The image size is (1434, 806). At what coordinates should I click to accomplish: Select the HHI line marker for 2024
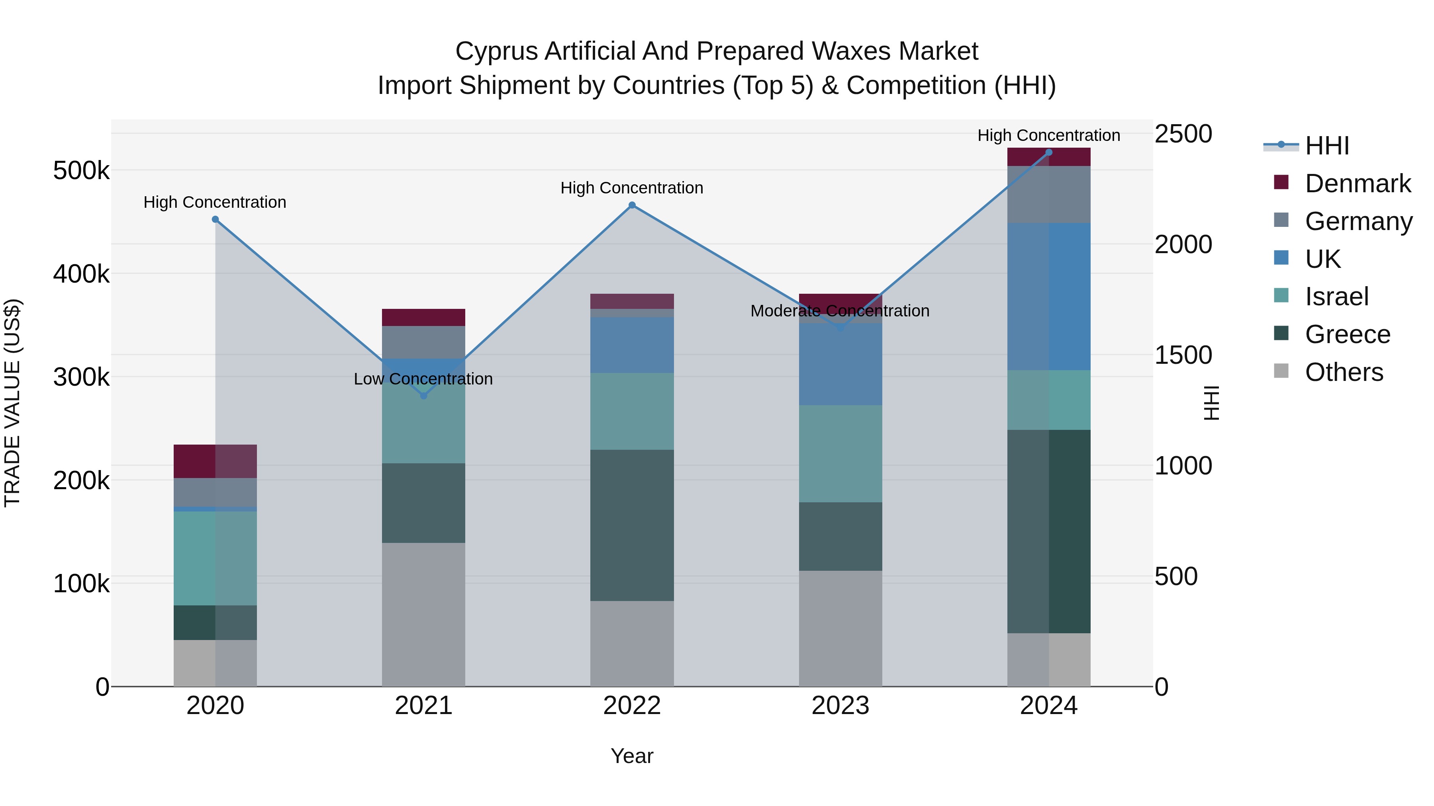1049,152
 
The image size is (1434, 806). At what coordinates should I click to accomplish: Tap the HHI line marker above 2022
632,205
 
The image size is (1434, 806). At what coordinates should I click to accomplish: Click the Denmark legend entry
1357,183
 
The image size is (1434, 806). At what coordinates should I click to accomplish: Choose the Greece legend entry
1347,334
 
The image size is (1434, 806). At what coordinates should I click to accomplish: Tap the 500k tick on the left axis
81,171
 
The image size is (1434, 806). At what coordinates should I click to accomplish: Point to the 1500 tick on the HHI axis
1183,355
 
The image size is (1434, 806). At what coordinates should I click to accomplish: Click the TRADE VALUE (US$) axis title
12,403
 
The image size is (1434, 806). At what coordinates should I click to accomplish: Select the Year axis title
632,756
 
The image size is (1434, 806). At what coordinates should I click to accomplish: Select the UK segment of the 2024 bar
1049,297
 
